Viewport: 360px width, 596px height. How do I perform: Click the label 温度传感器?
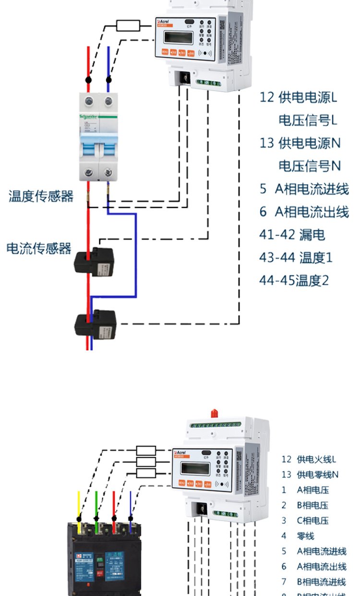pos(41,196)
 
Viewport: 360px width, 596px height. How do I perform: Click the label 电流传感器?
pos(39,249)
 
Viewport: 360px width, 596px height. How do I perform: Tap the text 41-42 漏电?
pos(292,235)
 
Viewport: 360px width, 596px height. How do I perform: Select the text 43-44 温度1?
pos(296,258)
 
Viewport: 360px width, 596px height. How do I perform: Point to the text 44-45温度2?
pos(294,280)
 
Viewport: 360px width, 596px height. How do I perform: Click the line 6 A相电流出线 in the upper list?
pos(304,212)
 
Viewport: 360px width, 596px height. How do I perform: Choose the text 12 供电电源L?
pos(298,98)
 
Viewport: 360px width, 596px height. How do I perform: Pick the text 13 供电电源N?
pos(300,143)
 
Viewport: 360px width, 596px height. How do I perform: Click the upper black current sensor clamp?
pos(94,260)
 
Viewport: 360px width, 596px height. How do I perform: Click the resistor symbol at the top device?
pos(128,25)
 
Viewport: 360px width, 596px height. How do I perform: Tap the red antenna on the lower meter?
pos(214,412)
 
